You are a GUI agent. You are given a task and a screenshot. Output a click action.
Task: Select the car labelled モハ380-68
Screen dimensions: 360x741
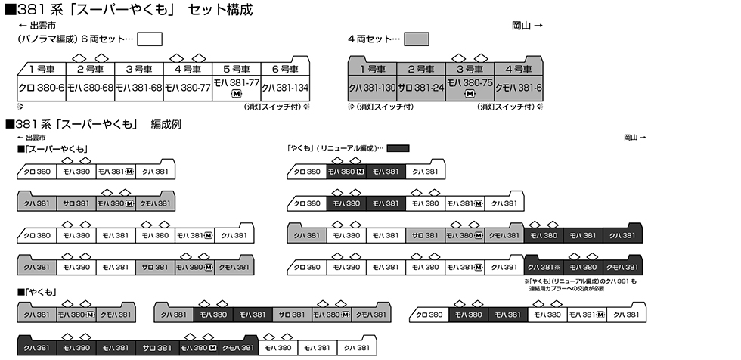pyautogui.click(x=91, y=88)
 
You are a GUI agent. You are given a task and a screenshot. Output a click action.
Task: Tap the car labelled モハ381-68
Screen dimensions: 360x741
pyautogui.click(x=140, y=88)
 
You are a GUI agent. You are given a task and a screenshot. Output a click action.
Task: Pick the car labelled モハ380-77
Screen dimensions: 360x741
pyautogui.click(x=188, y=88)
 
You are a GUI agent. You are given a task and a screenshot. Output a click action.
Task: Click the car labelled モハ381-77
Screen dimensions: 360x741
pyautogui.click(x=237, y=85)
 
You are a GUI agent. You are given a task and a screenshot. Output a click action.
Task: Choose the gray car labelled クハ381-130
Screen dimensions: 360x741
pyautogui.click(x=372, y=88)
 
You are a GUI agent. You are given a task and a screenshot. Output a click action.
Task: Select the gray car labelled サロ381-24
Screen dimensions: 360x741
pyautogui.click(x=420, y=88)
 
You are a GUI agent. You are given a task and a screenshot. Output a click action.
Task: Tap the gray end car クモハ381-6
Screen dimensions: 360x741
pyautogui.click(x=519, y=88)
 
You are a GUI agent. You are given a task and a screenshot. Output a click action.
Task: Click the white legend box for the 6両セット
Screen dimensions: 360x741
pyautogui.click(x=150, y=39)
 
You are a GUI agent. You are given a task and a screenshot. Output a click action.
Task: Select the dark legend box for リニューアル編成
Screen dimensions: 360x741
pyautogui.click(x=398, y=148)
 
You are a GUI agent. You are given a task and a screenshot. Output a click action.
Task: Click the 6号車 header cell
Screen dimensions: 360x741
pyautogui.click(x=285, y=69)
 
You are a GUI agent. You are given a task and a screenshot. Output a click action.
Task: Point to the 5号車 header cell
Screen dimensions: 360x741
pyautogui.click(x=237, y=69)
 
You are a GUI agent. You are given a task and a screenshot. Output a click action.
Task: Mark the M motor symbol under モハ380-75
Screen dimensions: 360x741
pyautogui.click(x=470, y=95)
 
